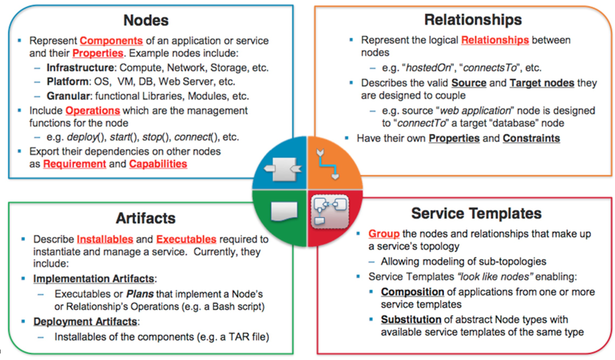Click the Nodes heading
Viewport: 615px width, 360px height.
click(146, 20)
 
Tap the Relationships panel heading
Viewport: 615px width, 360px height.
click(473, 20)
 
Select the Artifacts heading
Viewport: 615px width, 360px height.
click(145, 219)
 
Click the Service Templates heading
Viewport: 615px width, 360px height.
click(476, 213)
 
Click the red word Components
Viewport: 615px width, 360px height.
click(111, 41)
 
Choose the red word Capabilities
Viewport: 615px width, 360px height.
click(158, 164)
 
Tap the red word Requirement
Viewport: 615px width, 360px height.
click(74, 164)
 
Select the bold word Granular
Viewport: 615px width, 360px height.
click(68, 95)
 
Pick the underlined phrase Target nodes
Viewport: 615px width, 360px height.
click(542, 83)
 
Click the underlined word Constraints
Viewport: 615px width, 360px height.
click(531, 138)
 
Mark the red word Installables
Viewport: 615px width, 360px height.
click(105, 240)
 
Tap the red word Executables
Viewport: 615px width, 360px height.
click(186, 240)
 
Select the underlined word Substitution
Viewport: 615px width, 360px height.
click(411, 320)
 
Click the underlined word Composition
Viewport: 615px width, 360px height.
click(412, 292)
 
